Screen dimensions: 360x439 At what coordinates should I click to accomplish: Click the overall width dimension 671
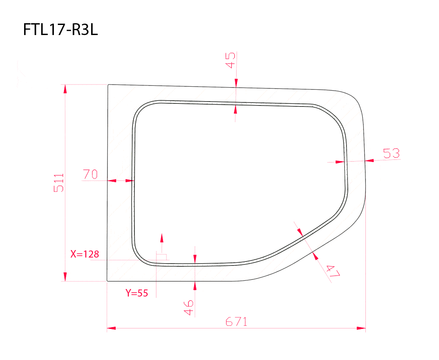pyautogui.click(x=237, y=322)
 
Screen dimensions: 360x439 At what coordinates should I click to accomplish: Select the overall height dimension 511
pyautogui.click(x=59, y=183)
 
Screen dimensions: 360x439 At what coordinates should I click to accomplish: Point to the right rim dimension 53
pyautogui.click(x=391, y=153)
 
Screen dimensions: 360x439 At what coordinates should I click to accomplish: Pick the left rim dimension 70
pyautogui.click(x=90, y=174)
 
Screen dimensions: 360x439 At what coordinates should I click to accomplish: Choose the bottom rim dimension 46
pyautogui.click(x=189, y=307)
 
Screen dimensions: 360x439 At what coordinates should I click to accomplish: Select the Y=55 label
pyautogui.click(x=137, y=293)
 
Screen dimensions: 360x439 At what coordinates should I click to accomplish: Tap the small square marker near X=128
pyautogui.click(x=162, y=256)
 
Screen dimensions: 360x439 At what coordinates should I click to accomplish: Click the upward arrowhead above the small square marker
pyautogui.click(x=162, y=238)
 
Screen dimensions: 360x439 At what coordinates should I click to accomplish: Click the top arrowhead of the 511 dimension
pyautogui.click(x=65, y=88)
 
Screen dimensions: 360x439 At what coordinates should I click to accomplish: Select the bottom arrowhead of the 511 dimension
pyautogui.click(x=65, y=277)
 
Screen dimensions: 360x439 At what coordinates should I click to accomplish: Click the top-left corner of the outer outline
pyautogui.click(x=108, y=85)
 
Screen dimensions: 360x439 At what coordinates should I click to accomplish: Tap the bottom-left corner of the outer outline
pyautogui.click(x=107, y=281)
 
